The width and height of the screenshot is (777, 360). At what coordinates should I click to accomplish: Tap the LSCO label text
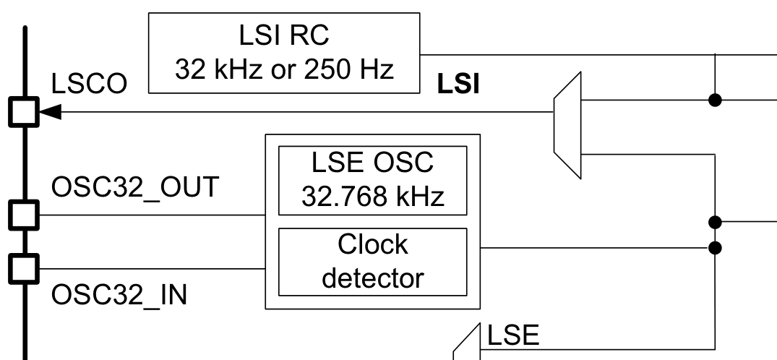coord(90,85)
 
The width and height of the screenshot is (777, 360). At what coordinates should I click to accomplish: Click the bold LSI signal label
coord(458,85)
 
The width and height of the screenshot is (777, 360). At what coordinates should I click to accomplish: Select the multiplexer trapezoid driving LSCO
coord(567,124)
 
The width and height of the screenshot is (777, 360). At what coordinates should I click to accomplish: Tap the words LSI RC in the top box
coord(284,37)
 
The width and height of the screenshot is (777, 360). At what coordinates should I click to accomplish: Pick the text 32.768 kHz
coord(372,195)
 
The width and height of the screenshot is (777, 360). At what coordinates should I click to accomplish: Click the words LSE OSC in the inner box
coord(372,163)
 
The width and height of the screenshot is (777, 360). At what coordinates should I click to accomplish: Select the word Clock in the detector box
coord(372,245)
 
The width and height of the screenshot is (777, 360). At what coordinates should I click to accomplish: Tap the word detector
coord(372,277)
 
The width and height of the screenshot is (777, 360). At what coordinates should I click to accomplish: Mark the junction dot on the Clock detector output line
coord(715,248)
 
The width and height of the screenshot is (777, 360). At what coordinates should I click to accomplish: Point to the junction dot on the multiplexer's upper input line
coord(715,100)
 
